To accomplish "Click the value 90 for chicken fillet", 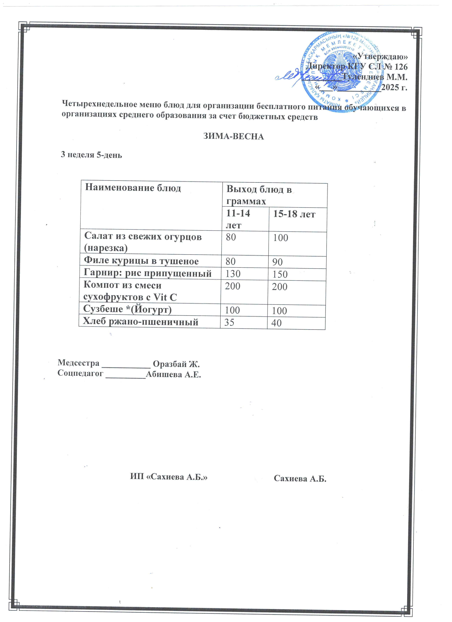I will (x=277, y=262).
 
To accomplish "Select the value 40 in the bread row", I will (x=276, y=323).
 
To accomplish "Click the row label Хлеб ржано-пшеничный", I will (x=141, y=321).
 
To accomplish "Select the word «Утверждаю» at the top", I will (x=380, y=57).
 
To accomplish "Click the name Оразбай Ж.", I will (x=176, y=364).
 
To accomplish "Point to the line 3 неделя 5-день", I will (x=91, y=155).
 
